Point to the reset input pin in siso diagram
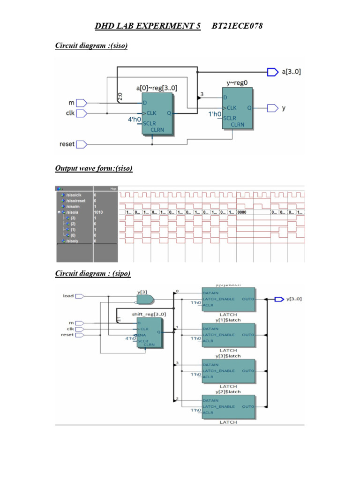[82, 144]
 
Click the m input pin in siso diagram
[82, 103]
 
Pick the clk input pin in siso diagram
[82, 113]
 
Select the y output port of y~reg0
[272, 108]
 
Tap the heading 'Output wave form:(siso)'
[94, 168]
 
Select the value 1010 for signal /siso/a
[99, 212]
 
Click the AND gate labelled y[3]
[145, 299]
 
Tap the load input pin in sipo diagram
[79, 296]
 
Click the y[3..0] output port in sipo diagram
[279, 299]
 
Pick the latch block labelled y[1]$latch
[228, 335]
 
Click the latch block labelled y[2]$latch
[228, 406]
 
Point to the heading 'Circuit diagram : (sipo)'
[93, 273]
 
